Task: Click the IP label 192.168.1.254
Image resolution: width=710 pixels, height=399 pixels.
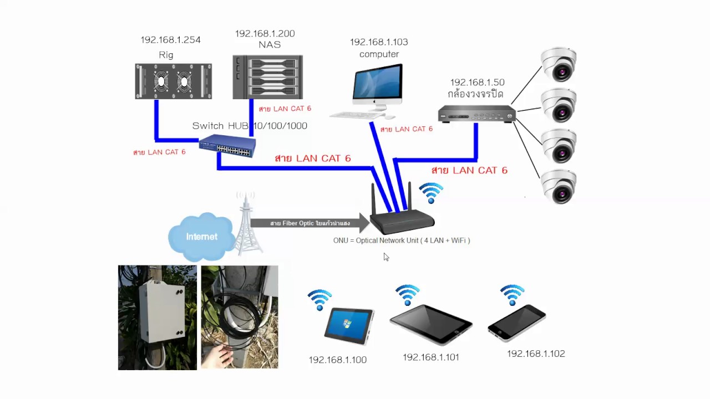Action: pyautogui.click(x=170, y=40)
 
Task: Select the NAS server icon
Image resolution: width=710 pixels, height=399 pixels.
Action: pyautogui.click(x=267, y=77)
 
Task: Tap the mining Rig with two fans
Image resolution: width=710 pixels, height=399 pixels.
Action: pyautogui.click(x=173, y=81)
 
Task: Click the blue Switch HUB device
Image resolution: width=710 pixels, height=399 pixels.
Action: pyautogui.click(x=227, y=146)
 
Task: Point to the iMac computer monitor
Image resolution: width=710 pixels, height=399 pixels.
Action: pyautogui.click(x=378, y=84)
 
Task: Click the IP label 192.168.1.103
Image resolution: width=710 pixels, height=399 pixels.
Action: pyautogui.click(x=378, y=42)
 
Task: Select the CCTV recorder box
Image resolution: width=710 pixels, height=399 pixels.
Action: pyautogui.click(x=476, y=114)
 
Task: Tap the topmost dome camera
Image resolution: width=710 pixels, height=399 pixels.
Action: pyautogui.click(x=559, y=64)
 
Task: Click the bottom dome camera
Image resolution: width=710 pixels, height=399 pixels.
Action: pyautogui.click(x=559, y=186)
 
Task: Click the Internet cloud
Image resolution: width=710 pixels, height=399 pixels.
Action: pyautogui.click(x=201, y=237)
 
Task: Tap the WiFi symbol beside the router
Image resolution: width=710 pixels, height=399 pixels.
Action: pyautogui.click(x=431, y=193)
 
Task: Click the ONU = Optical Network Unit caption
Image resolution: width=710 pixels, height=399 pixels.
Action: pyautogui.click(x=401, y=241)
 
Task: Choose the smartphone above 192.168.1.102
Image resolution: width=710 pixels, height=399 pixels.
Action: pyautogui.click(x=516, y=323)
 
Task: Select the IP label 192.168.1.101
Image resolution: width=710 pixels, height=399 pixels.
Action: pyautogui.click(x=430, y=357)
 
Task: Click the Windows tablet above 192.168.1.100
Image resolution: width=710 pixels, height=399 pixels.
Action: pyautogui.click(x=349, y=326)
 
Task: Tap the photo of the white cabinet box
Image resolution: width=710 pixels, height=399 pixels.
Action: pyautogui.click(x=157, y=317)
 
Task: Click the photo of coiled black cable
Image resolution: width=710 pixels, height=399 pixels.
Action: pyautogui.click(x=239, y=317)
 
